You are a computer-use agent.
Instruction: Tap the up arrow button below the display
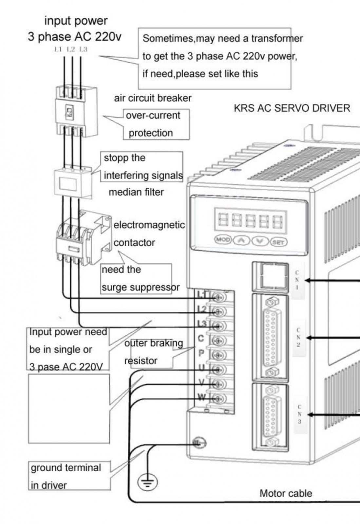point(241,241)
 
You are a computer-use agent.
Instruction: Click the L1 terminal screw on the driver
point(218,297)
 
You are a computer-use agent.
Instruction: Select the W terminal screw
point(218,398)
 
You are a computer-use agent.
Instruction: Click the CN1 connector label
point(297,280)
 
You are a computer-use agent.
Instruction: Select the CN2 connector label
point(298,337)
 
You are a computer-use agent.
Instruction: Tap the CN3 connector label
point(299,414)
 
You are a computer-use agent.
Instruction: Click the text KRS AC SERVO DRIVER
point(292,108)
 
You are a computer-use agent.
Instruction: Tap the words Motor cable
point(286,493)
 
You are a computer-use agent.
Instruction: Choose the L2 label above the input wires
point(71,49)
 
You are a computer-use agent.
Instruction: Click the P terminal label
point(201,353)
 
